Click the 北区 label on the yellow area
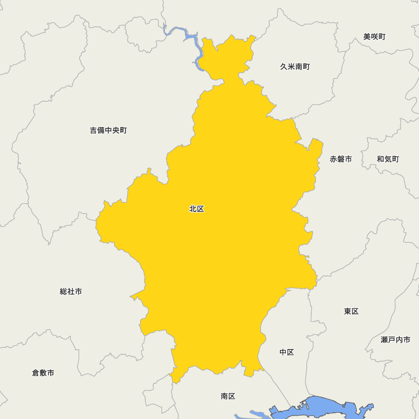[197, 209]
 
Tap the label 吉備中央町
[108, 130]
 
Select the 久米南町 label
[295, 67]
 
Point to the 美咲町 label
[374, 37]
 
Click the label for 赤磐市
[341, 159]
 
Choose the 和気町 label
[388, 159]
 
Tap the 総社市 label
[71, 292]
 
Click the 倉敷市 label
[43, 373]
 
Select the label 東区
[351, 311]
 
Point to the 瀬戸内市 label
[396, 340]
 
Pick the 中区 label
[287, 352]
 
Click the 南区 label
[228, 396]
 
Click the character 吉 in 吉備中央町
[93, 130]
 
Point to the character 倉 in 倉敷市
[36, 373]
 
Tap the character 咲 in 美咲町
[374, 37]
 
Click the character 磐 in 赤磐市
[341, 159]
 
